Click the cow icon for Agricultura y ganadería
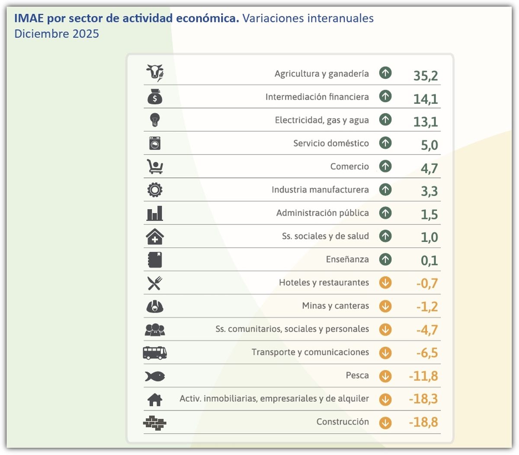[x=155, y=73]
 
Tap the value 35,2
[x=426, y=76]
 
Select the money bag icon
[x=155, y=97]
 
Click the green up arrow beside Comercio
[x=385, y=166]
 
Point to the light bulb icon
[x=155, y=119]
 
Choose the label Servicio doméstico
[x=331, y=143]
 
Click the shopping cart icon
[x=155, y=166]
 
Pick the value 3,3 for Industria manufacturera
[x=429, y=191]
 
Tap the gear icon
[x=155, y=190]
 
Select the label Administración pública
[x=322, y=213]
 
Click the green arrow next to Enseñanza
[x=385, y=259]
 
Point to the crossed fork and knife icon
[x=155, y=283]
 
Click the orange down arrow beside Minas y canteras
[x=385, y=306]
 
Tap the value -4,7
[x=427, y=330]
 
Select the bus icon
[x=155, y=353]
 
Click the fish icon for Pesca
[x=155, y=376]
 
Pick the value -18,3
[x=423, y=399]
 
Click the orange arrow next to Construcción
[x=385, y=423]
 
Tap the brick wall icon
[x=155, y=423]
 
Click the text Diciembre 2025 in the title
[x=57, y=34]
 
